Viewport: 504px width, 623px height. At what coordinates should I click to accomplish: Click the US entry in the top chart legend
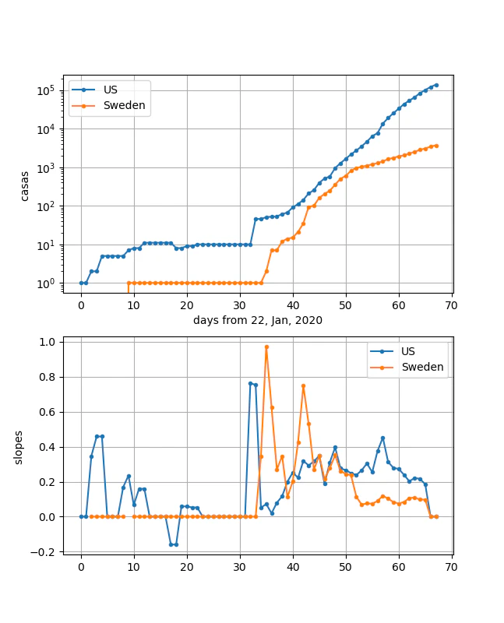click(111, 90)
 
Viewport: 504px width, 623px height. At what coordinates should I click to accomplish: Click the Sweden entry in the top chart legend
click(125, 105)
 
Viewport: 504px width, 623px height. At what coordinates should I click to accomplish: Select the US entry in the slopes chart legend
click(408, 351)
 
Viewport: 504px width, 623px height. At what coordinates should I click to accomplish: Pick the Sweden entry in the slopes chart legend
click(422, 367)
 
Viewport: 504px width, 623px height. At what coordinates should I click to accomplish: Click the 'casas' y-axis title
click(25, 186)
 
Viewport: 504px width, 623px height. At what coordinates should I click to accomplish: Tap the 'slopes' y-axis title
click(18, 447)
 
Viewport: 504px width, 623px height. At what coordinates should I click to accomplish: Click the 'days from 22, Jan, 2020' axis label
click(258, 320)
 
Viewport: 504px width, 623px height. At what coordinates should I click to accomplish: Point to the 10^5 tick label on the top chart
click(46, 90)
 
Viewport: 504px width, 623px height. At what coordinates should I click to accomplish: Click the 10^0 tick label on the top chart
click(46, 284)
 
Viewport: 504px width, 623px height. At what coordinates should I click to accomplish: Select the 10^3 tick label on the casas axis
click(46, 168)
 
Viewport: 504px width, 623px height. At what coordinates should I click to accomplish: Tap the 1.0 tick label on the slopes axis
click(47, 342)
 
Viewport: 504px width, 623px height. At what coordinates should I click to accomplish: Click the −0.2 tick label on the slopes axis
click(43, 552)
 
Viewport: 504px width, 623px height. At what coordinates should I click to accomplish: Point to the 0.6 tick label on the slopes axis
click(47, 412)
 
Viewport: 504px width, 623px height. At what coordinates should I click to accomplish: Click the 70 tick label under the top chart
click(452, 305)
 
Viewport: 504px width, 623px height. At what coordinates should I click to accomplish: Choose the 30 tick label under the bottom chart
click(240, 567)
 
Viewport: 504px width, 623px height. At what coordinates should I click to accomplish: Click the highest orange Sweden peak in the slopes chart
click(266, 347)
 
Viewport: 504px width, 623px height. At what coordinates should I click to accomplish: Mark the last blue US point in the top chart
click(436, 85)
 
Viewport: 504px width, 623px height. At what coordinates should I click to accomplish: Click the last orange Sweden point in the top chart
click(436, 146)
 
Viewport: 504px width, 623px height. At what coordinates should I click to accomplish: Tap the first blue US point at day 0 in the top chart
click(82, 283)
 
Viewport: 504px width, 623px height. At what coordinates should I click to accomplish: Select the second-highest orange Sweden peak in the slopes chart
click(304, 385)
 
